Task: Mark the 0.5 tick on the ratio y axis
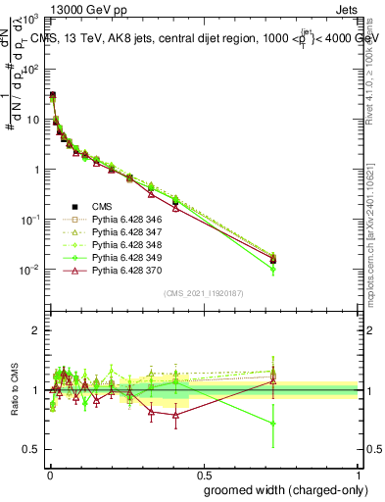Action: [29, 450]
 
